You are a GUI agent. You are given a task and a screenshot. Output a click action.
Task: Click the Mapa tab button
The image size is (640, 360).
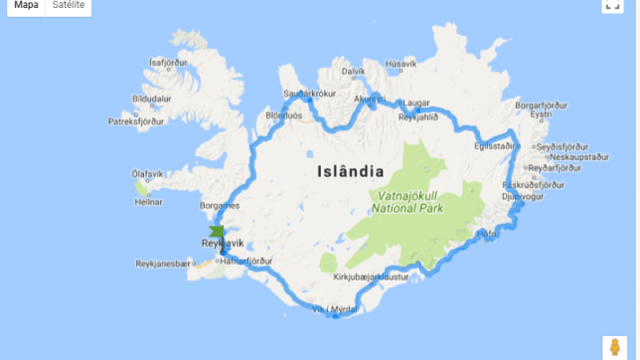(x=26, y=6)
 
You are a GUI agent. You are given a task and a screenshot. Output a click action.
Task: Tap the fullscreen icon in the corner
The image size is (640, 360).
(x=612, y=5)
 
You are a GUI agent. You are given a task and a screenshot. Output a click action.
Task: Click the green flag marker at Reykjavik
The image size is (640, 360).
(x=217, y=233)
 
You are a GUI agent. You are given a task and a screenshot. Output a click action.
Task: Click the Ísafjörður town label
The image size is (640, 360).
(x=168, y=62)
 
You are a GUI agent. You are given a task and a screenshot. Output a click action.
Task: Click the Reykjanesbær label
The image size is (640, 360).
(x=161, y=264)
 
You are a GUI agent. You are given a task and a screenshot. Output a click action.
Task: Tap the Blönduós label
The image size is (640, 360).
(x=283, y=114)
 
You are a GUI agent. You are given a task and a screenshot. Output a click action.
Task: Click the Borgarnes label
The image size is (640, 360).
(x=220, y=206)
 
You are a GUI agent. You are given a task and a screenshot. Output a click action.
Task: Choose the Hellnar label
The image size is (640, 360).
(x=149, y=202)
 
